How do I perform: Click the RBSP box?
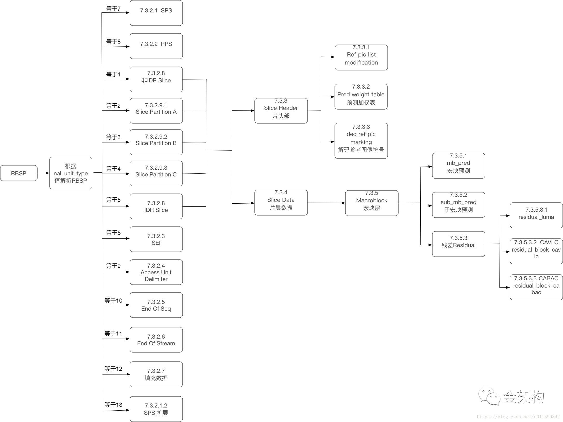19,173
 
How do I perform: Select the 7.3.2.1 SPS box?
156,13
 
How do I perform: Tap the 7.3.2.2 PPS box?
156,46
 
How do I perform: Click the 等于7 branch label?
113,9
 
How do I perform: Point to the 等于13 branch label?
113,405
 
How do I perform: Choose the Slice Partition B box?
156,142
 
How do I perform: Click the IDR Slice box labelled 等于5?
156,206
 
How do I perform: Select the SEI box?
156,239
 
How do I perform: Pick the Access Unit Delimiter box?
156,272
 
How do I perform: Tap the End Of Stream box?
156,340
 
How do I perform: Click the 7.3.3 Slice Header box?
281,111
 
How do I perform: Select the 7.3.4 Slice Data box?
281,203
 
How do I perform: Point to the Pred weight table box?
361,97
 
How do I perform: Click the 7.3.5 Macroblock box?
372,203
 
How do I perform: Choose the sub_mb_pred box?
458,205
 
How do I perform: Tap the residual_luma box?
536,215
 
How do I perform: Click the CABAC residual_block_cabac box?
536,287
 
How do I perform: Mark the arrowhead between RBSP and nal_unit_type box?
47,173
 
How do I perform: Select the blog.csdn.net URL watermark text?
518,417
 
